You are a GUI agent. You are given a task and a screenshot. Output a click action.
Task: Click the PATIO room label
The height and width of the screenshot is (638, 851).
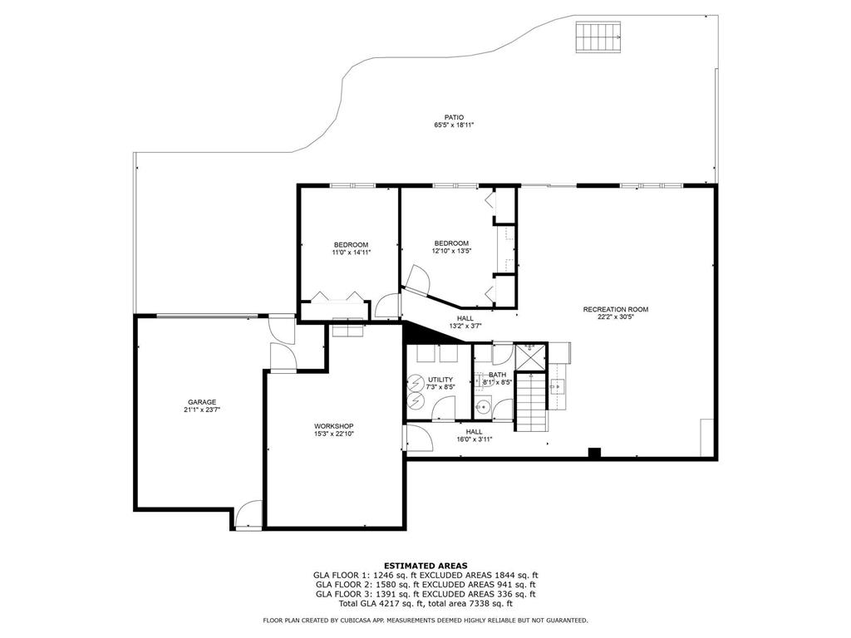pyautogui.click(x=453, y=117)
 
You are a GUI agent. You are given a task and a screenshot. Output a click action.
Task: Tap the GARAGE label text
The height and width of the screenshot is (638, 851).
pyautogui.click(x=201, y=402)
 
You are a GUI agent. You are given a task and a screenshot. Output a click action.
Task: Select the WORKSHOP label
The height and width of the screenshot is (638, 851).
pyautogui.click(x=333, y=426)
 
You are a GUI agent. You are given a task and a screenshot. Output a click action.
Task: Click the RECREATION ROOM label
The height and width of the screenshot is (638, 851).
pyautogui.click(x=615, y=309)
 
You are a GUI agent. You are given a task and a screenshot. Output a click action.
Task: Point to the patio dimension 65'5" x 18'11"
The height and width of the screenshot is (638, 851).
pyautogui.click(x=453, y=125)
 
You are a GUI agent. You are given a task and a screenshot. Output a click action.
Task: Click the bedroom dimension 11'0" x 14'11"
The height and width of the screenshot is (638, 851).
pyautogui.click(x=351, y=252)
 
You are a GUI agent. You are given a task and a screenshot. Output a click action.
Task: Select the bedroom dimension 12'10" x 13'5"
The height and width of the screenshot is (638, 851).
pyautogui.click(x=451, y=251)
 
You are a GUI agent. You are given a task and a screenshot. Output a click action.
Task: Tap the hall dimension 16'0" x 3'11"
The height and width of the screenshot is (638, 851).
pyautogui.click(x=474, y=439)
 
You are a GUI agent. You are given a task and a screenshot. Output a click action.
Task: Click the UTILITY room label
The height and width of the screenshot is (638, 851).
pyautogui.click(x=440, y=379)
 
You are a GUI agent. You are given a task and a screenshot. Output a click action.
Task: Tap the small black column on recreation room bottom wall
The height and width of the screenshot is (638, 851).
pyautogui.click(x=593, y=453)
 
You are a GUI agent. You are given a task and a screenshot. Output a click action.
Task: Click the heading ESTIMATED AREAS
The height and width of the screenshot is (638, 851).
pyautogui.click(x=425, y=565)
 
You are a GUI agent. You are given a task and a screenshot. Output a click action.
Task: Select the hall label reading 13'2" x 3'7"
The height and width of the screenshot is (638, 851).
pyautogui.click(x=465, y=326)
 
